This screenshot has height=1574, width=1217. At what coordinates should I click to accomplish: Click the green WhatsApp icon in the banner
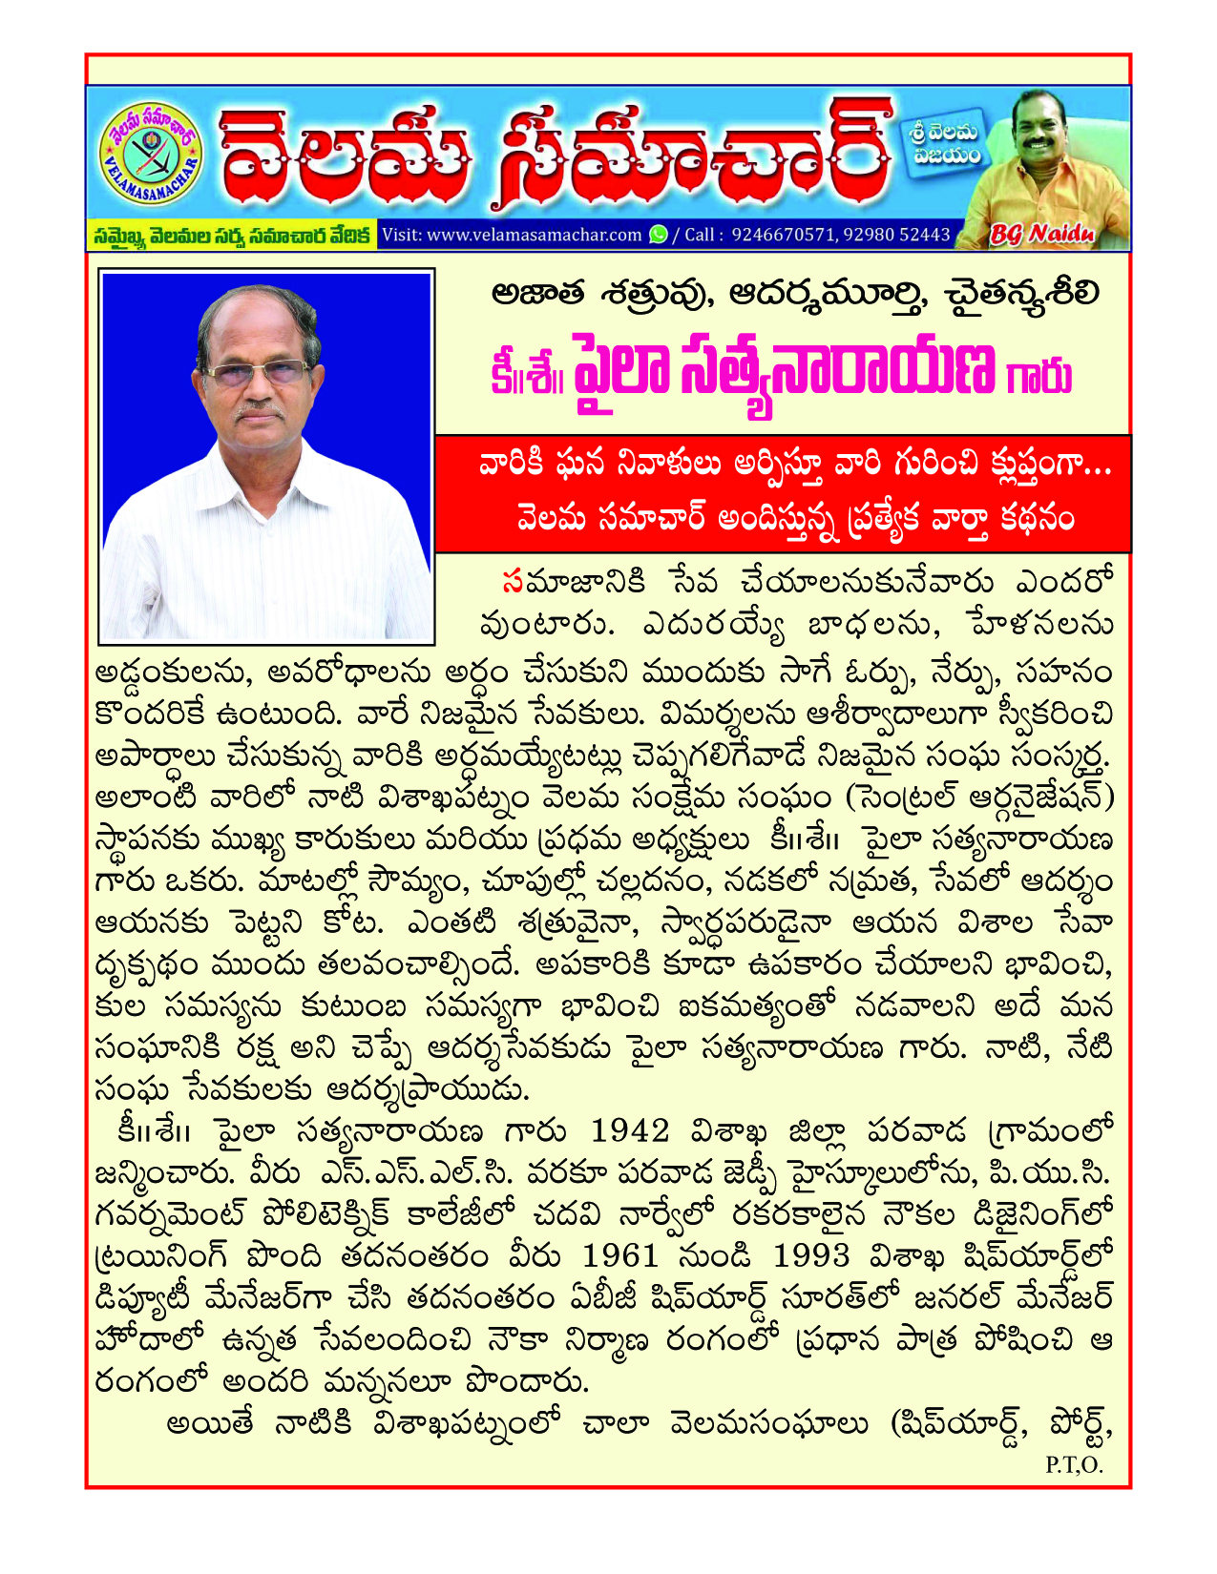click(659, 235)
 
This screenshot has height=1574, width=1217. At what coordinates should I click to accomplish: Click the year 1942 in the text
click(630, 1132)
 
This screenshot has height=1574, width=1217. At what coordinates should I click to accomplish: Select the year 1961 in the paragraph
click(620, 1256)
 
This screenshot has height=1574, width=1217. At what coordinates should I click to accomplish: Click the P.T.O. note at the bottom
click(1074, 1465)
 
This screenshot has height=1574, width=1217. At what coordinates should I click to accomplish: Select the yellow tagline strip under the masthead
click(232, 235)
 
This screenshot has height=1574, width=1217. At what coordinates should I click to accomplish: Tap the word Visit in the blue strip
click(402, 235)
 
